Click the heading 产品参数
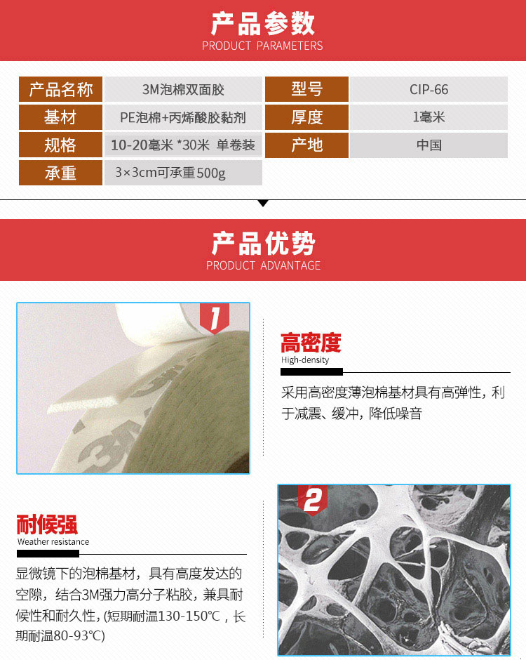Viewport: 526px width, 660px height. (263, 23)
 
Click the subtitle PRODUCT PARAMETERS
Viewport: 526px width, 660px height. (262, 46)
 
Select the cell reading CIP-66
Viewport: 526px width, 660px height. (429, 89)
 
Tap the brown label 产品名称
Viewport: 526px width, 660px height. (60, 89)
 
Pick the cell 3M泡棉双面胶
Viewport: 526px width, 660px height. (183, 89)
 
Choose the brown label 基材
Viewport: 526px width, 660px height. (60, 117)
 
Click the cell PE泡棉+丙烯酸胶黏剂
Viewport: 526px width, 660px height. (183, 117)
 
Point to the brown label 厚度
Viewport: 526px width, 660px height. (307, 117)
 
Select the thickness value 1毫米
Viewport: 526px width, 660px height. (429, 117)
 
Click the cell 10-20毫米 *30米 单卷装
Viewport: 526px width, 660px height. (183, 145)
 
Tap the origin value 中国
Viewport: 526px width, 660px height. (429, 145)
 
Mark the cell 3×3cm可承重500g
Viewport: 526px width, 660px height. (183, 173)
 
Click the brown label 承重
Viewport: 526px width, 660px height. (60, 173)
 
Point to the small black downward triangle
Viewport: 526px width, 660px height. (263, 204)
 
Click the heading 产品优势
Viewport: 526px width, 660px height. (263, 244)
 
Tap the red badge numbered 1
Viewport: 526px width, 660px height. (215, 318)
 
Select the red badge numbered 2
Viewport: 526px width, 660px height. (313, 501)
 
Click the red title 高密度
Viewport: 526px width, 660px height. (311, 343)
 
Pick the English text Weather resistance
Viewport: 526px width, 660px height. (53, 542)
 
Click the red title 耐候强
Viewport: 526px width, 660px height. (47, 524)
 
